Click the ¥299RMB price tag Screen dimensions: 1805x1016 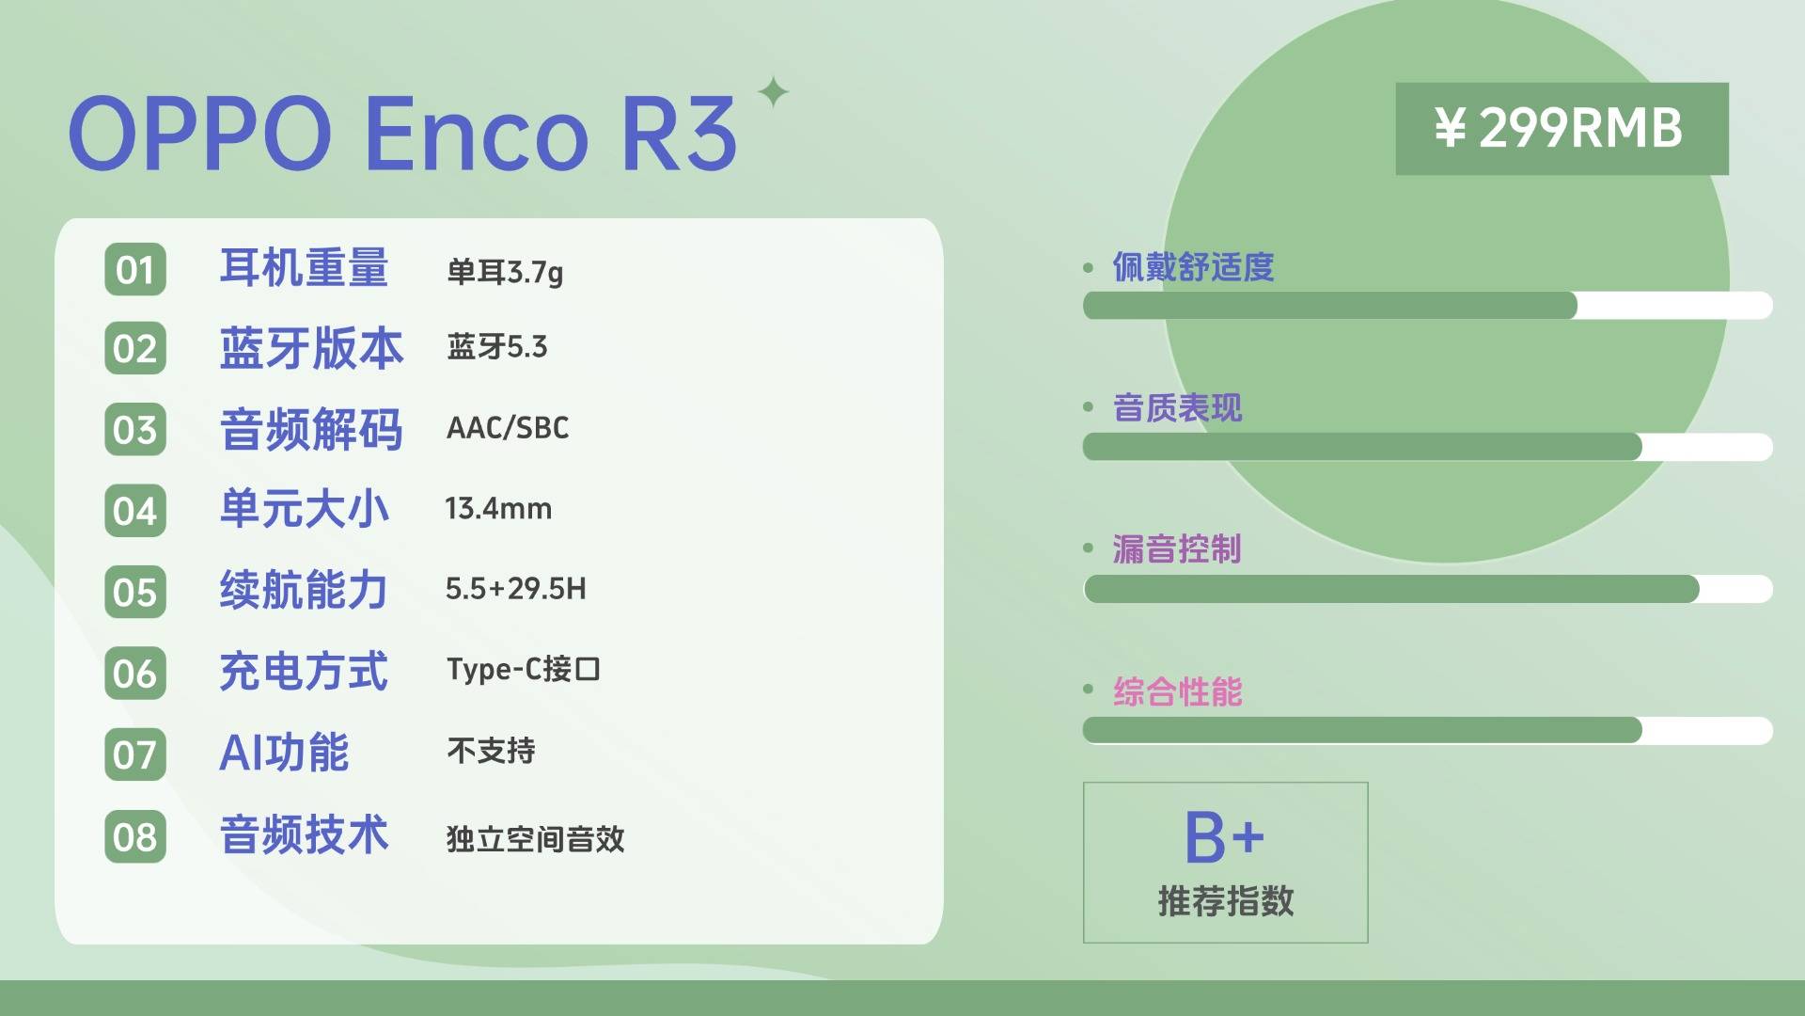[1562, 129]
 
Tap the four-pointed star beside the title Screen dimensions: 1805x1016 [774, 92]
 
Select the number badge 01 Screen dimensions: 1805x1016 [135, 270]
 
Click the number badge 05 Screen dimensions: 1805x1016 [135, 593]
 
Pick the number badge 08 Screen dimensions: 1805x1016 [135, 836]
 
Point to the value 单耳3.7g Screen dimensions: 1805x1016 [505, 273]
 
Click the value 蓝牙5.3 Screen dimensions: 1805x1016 [497, 347]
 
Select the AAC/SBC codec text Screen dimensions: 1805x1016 [508, 428]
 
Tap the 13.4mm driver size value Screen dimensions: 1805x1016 [498, 509]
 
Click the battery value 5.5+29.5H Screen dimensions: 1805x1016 [516, 589]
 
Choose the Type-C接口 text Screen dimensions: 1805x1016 [524, 670]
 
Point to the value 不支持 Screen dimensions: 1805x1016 [491, 751]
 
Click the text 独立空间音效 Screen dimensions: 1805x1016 [536, 838]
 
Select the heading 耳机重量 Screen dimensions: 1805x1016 [304, 268]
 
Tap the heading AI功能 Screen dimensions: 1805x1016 [284, 753]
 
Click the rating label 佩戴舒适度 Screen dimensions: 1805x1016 [1194, 267]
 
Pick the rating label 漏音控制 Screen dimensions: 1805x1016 [1177, 548]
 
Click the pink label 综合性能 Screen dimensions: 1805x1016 [1178, 691]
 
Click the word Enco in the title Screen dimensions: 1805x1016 [476, 134]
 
